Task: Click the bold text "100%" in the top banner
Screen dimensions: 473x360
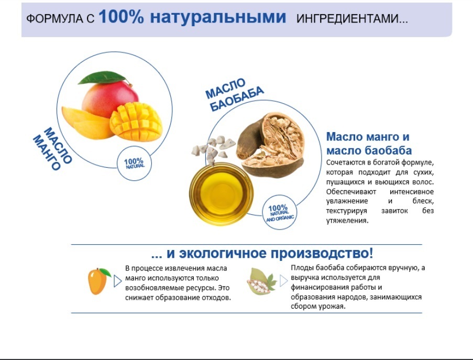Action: point(122,17)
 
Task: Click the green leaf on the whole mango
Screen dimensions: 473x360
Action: point(103,78)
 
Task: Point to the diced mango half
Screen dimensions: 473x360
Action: point(136,122)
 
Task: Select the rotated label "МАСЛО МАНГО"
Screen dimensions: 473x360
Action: point(53,148)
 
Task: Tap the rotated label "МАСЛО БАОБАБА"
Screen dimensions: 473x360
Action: point(235,94)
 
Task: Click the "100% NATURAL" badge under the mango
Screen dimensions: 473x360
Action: point(134,163)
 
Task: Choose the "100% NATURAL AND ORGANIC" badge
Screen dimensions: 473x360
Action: point(279,212)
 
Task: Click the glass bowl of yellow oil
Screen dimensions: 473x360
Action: point(221,194)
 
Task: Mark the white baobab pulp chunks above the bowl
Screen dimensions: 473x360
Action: point(213,148)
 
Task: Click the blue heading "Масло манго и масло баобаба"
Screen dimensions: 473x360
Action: point(369,144)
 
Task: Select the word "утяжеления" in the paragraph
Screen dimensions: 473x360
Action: point(347,220)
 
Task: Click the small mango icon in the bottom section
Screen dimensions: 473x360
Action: point(98,281)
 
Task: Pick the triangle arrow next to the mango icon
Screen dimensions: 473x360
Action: point(118,281)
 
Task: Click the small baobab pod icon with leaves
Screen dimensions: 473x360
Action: point(261,281)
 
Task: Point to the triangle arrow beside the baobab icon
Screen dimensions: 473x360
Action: point(283,281)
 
